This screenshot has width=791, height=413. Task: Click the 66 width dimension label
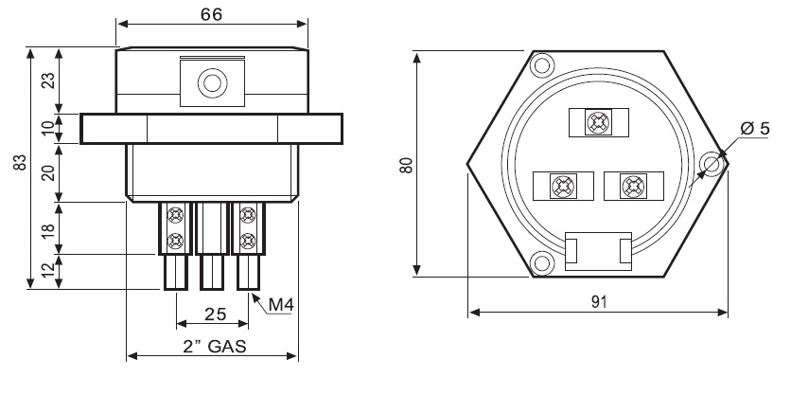211,14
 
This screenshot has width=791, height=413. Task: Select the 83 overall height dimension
19,163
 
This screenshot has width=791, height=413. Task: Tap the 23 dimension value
48,81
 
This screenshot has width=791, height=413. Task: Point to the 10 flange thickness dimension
48,129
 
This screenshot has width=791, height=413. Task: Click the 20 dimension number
48,173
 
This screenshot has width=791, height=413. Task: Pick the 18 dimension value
48,228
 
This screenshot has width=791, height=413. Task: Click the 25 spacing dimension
216,314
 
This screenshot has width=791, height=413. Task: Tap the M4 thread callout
280,304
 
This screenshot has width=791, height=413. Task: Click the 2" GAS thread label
215,347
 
